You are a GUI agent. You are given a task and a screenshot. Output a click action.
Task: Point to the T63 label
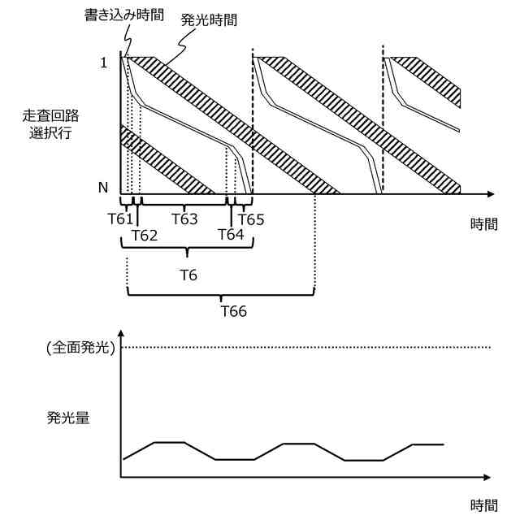click(184, 219)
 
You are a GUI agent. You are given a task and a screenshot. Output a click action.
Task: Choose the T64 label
click(232, 236)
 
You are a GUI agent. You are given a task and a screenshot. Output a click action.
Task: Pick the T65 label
click(250, 219)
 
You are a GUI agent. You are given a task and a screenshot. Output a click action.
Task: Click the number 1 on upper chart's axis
click(103, 63)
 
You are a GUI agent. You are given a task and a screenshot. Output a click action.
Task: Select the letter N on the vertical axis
click(103, 188)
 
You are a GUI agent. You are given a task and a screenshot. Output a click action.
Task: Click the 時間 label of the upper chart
click(483, 225)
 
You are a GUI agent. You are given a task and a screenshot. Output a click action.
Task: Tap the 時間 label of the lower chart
click(483, 505)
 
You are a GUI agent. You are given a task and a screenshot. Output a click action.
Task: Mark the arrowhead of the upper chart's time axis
click(490, 195)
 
